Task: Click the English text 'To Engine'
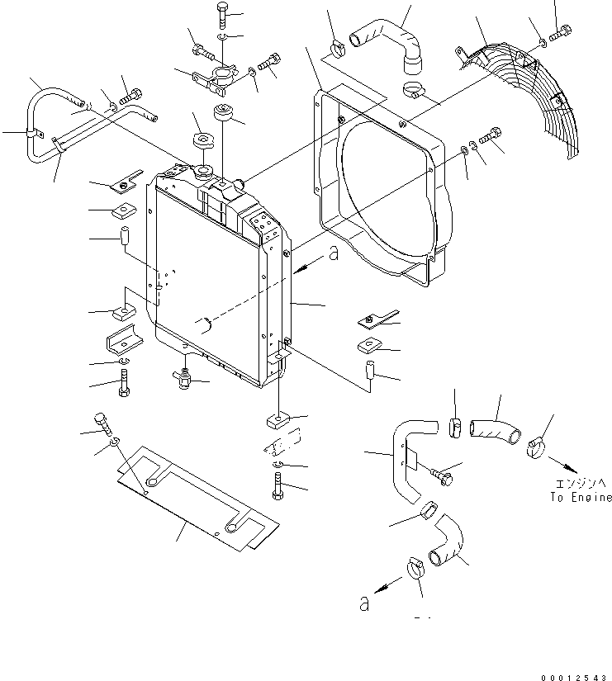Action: click(581, 497)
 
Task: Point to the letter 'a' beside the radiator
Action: click(333, 255)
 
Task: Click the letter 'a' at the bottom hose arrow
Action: click(363, 604)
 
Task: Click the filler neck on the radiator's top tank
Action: click(202, 173)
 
